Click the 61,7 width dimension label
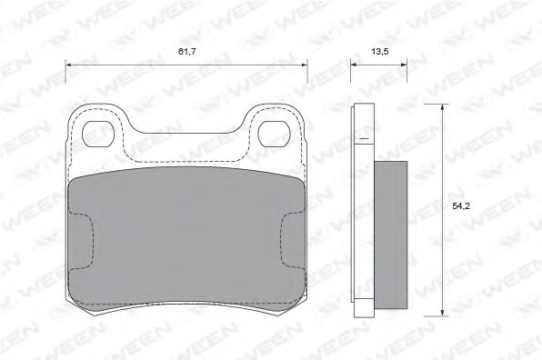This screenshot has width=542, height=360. point(187,52)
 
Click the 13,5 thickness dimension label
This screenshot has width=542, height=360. point(380,52)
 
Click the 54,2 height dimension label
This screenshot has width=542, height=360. point(461,206)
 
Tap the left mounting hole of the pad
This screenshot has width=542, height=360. point(98,134)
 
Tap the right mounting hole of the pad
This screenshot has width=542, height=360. point(275,134)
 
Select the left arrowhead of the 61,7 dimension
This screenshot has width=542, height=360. point(68,65)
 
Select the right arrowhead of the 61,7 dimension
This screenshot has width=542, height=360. point(304,65)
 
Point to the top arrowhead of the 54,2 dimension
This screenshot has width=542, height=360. point(442,107)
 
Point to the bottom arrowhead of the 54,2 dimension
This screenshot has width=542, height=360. point(442,313)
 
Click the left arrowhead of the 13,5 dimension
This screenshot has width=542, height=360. point(354,65)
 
